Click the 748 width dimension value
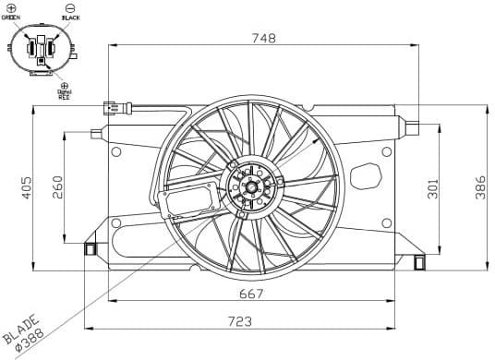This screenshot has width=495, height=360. pyautogui.click(x=266, y=38)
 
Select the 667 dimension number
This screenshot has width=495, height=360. pyautogui.click(x=250, y=294)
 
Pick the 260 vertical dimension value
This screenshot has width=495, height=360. pyautogui.click(x=57, y=187)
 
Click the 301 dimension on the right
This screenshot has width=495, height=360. pyautogui.click(x=433, y=189)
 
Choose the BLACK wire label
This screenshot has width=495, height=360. pyautogui.click(x=70, y=18)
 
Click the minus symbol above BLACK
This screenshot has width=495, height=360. pyautogui.click(x=70, y=7)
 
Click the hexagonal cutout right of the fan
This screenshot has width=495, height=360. pyautogui.click(x=367, y=175)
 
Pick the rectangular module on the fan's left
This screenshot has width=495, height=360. pyautogui.click(x=191, y=199)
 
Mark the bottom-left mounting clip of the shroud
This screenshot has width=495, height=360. pyautogui.click(x=91, y=248)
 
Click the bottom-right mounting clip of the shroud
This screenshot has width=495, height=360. pyautogui.click(x=420, y=262)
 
